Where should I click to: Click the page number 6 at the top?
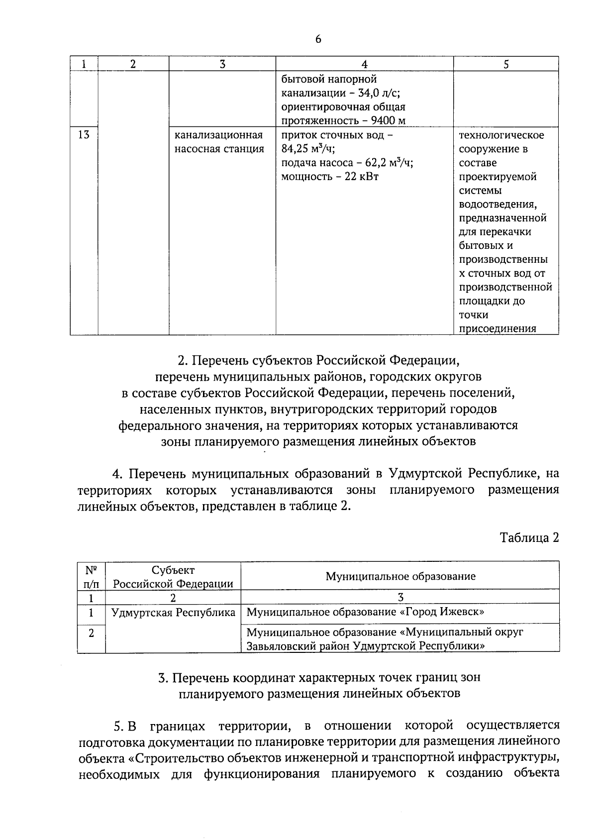318,40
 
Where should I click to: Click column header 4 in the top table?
364,64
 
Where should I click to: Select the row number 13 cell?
84,134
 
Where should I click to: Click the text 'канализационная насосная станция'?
219,142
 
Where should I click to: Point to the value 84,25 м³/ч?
308,149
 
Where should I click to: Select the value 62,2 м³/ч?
389,163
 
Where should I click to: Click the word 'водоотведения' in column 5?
497,204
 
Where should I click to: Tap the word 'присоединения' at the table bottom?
497,328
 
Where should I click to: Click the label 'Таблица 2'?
529,537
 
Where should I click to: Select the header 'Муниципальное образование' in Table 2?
400,576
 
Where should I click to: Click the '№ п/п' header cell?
91,576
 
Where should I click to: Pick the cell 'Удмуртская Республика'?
173,613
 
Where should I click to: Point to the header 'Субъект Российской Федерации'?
173,576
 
